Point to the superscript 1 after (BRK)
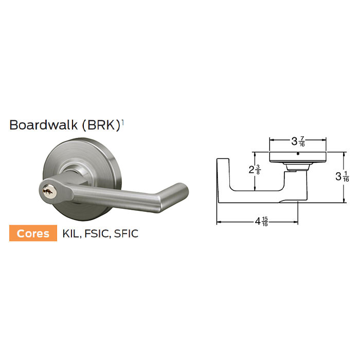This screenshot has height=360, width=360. pos(123,122)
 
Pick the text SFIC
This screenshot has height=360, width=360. pos(127,233)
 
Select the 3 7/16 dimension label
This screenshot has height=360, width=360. pos(298,140)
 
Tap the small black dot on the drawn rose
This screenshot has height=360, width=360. pos(298,153)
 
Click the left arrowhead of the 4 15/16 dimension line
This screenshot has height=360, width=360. pos(219,222)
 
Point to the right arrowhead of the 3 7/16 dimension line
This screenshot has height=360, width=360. pos(325,140)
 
